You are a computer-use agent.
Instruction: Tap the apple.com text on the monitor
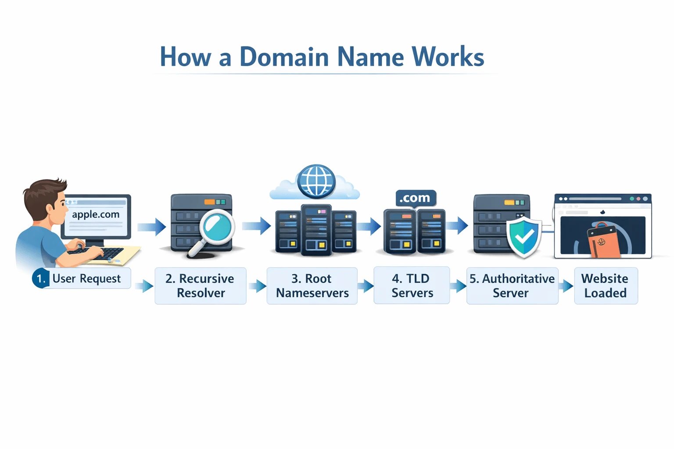(x=96, y=214)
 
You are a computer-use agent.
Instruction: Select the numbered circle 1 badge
(x=40, y=279)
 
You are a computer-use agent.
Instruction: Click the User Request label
(x=86, y=279)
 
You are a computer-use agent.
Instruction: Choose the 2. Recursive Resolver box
(x=200, y=286)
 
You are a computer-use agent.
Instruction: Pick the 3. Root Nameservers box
(x=312, y=286)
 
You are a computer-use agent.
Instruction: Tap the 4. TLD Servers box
(x=412, y=286)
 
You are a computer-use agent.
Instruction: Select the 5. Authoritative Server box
(x=512, y=286)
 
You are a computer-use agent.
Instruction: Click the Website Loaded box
(x=606, y=286)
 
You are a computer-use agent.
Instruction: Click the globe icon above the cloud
(x=316, y=181)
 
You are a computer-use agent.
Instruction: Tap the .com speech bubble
(x=415, y=198)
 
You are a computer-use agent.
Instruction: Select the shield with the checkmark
(x=524, y=237)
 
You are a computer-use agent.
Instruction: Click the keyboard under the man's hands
(x=99, y=253)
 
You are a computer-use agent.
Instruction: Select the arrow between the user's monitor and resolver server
(x=151, y=227)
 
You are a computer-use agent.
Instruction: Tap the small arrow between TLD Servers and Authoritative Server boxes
(x=458, y=286)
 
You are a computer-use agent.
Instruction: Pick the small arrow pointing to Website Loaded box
(x=566, y=286)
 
